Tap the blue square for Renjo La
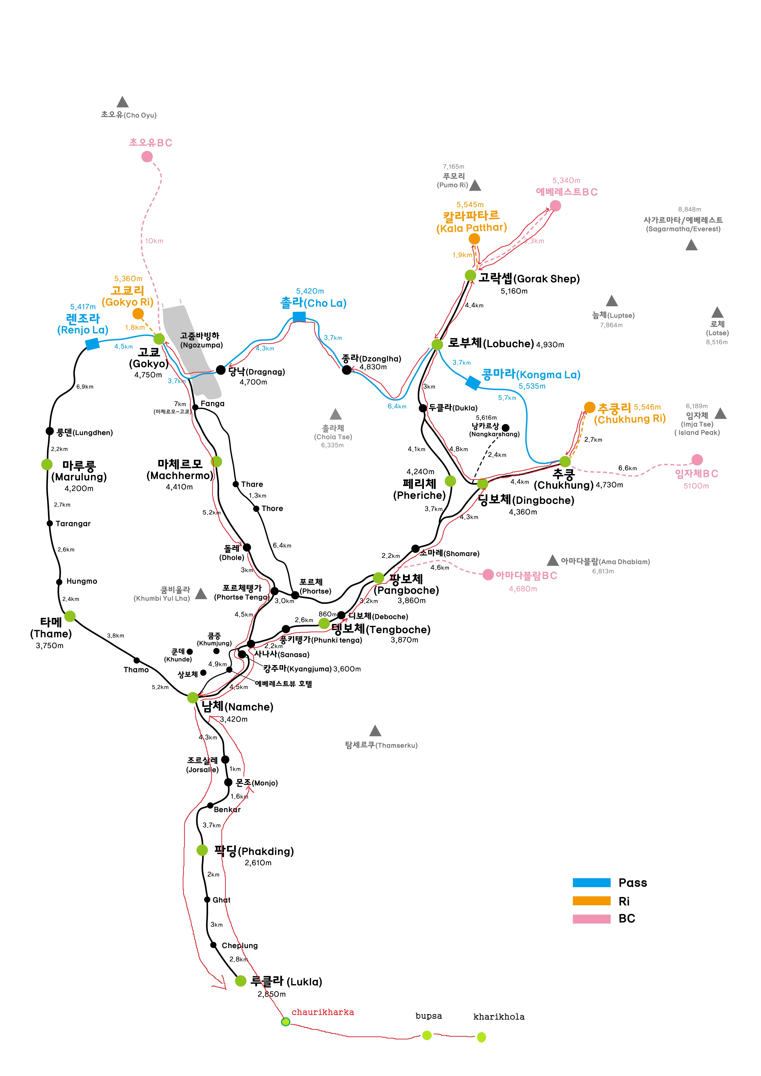(92, 344)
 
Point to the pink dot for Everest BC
(555, 205)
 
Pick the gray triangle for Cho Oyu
(122, 102)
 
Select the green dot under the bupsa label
(427, 1035)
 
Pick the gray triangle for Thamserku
(375, 731)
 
